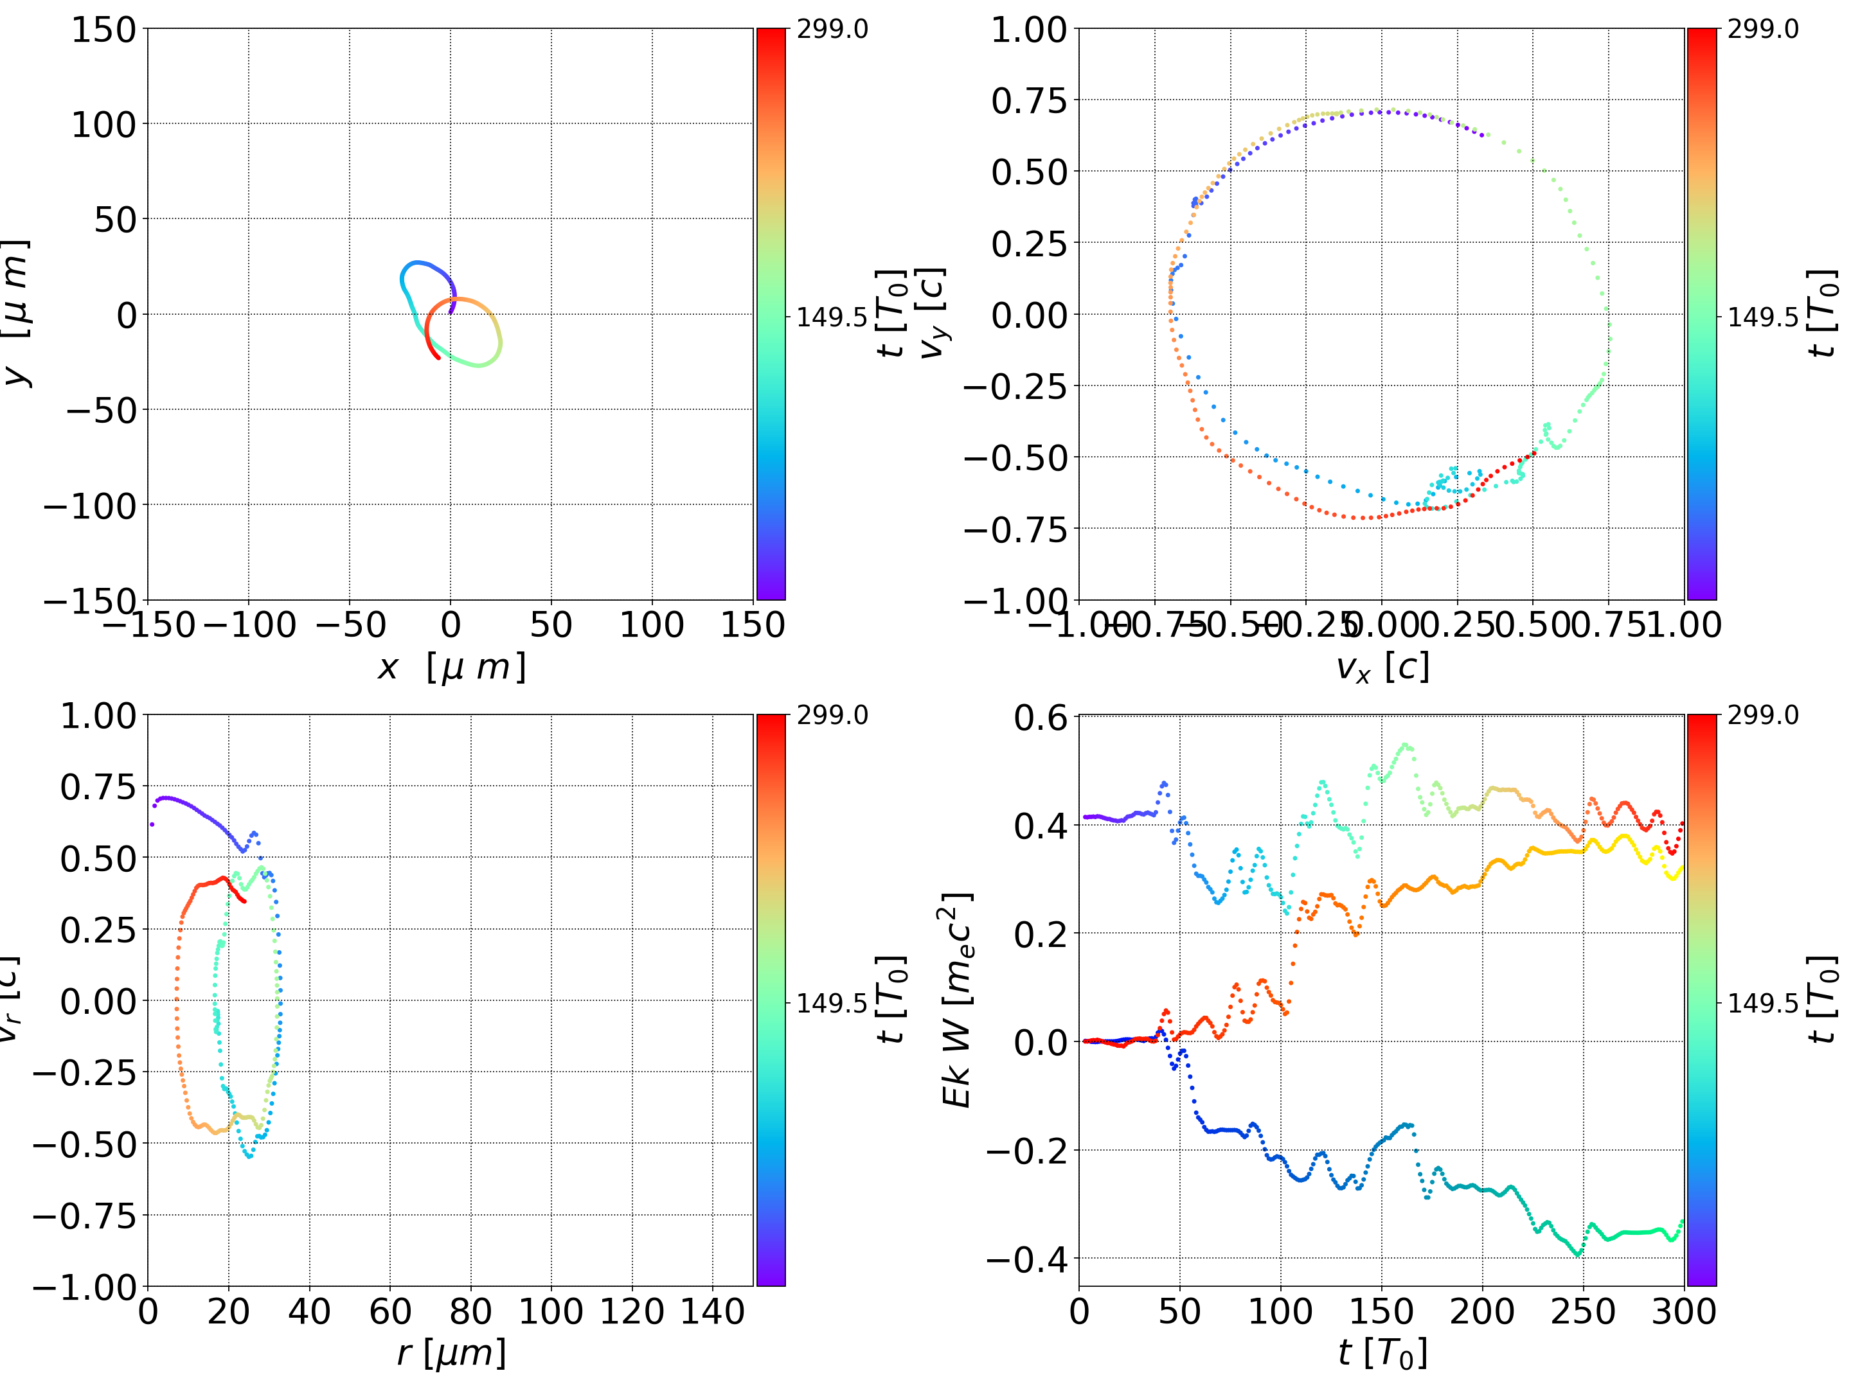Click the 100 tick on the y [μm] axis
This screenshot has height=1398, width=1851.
click(103, 125)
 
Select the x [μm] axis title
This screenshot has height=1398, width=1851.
click(451, 668)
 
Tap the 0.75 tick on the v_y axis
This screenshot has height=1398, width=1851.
click(1030, 100)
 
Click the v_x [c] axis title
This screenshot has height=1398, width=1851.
click(1382, 668)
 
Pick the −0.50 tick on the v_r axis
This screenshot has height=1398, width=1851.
click(84, 1144)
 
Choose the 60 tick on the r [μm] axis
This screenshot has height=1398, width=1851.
click(390, 1311)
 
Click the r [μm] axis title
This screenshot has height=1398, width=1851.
click(451, 1353)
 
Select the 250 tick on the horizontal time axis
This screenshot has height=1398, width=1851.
click(1583, 1311)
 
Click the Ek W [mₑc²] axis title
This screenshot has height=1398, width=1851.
click(957, 1000)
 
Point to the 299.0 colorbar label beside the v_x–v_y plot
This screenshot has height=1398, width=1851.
click(1763, 30)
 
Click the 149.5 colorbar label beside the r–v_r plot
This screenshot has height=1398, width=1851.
click(832, 1002)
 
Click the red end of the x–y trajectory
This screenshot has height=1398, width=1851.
click(438, 358)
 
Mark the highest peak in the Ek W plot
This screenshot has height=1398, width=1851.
click(1406, 745)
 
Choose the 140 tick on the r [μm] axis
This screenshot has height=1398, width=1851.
click(713, 1311)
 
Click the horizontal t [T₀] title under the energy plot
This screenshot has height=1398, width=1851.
click(1382, 1353)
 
